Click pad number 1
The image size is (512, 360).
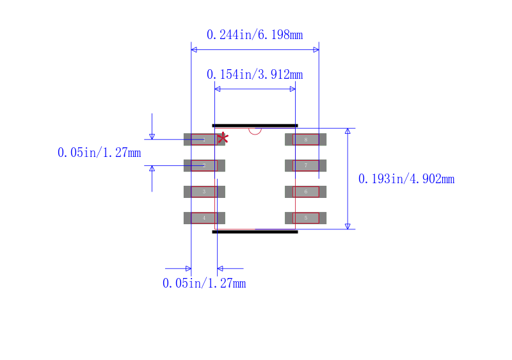point(204,139)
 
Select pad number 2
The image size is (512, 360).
point(204,165)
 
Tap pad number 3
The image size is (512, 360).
point(204,192)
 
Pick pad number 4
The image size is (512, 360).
point(204,218)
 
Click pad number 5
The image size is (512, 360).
point(305,218)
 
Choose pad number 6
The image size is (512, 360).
point(305,192)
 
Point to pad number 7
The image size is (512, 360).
point(305,165)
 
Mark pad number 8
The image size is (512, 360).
point(305,139)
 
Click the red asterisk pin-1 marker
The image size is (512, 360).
point(223,138)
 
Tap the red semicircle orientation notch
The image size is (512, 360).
point(255,131)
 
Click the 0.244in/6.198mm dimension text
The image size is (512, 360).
point(255,35)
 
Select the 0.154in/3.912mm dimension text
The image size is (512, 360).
point(255,74)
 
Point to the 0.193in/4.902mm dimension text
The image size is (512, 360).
point(406,179)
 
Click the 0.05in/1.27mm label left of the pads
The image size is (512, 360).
point(99,152)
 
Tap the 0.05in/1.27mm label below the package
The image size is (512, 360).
point(204,283)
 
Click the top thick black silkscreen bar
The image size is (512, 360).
point(255,126)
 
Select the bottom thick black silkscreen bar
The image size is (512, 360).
point(255,231)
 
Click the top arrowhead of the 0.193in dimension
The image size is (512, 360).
point(348,131)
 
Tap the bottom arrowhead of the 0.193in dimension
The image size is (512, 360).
point(348,225)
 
